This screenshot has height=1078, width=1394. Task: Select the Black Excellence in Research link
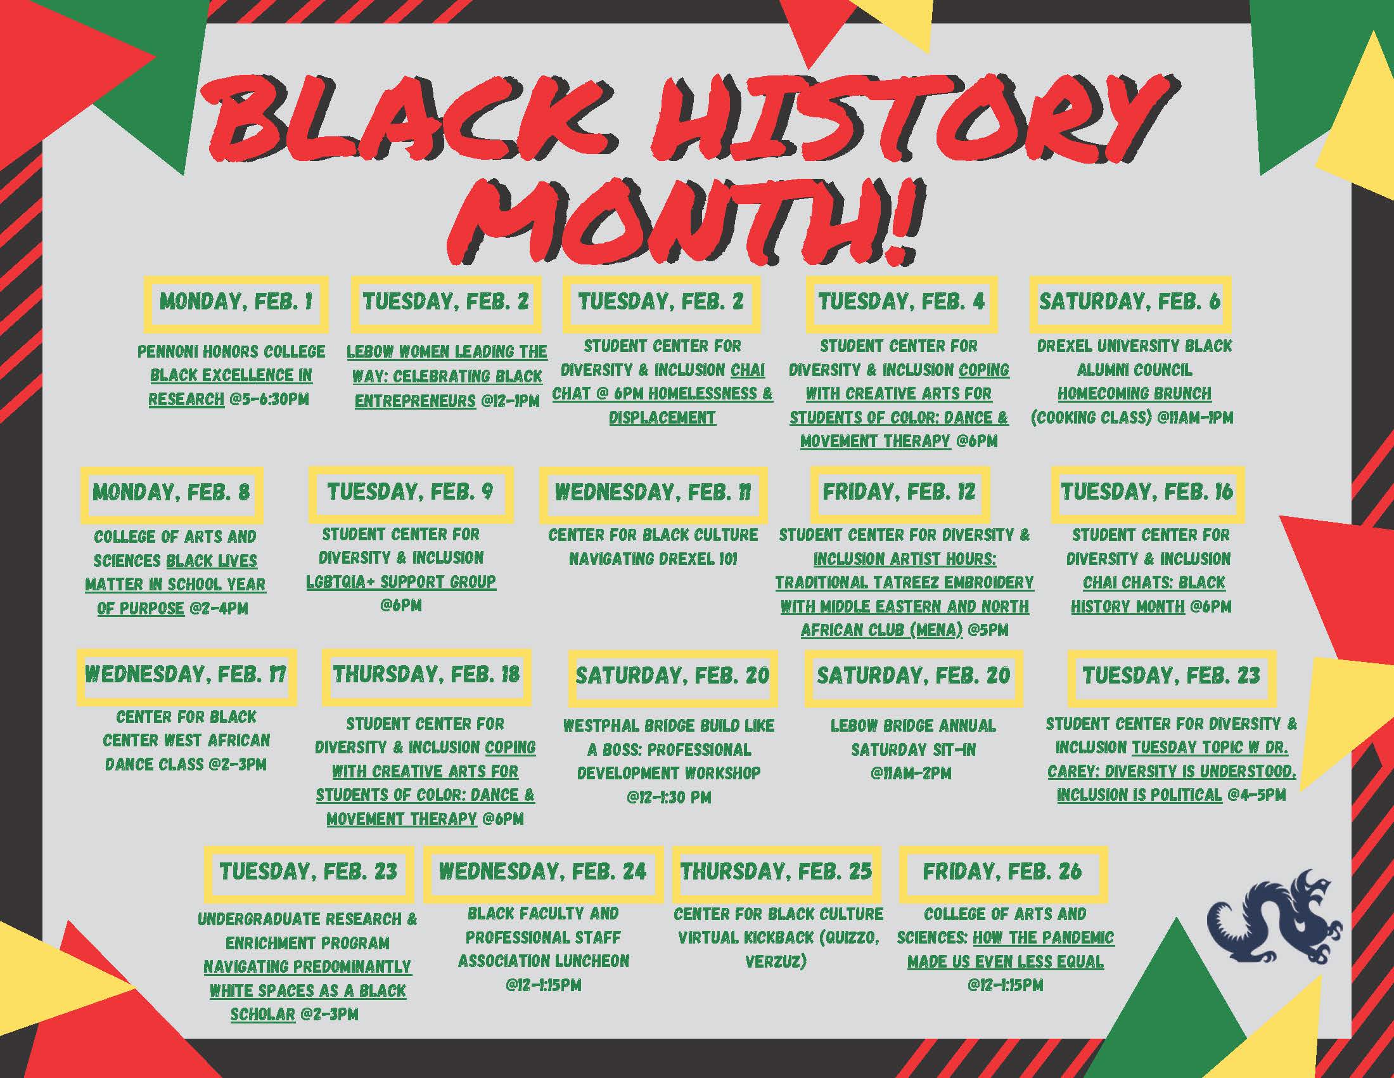coord(231,387)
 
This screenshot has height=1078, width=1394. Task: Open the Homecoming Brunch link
coord(1134,393)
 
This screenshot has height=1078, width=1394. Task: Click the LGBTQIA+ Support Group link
coord(401,581)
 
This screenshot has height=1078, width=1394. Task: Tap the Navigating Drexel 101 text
coord(653,559)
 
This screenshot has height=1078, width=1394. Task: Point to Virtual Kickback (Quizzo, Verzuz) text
coord(778,949)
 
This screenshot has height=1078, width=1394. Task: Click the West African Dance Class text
coord(185,752)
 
